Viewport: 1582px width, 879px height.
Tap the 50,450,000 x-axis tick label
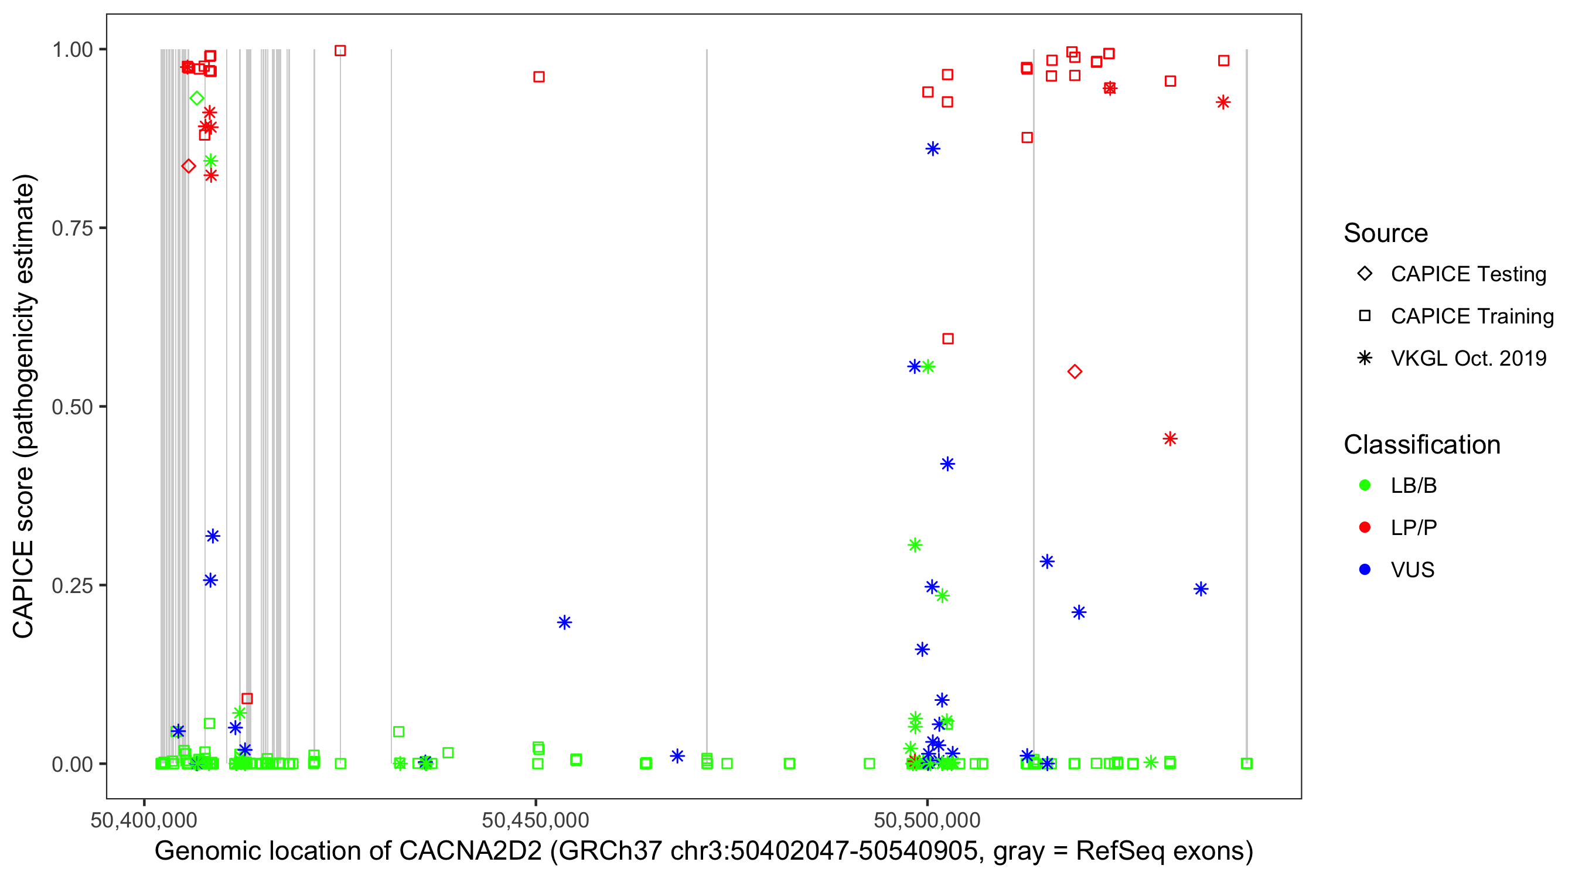[535, 819]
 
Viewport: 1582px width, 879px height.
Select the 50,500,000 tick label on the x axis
[927, 819]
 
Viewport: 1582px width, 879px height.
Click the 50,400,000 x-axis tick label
[144, 819]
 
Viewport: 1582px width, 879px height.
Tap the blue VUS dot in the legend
[1365, 570]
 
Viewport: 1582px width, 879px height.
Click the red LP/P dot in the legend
[1365, 527]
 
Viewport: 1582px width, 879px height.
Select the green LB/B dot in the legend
[1365, 485]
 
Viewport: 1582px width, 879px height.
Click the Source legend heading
[1386, 233]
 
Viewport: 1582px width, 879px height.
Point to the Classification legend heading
[1421, 445]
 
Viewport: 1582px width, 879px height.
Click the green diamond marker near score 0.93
[196, 98]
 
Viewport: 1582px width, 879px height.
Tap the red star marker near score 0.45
[1170, 438]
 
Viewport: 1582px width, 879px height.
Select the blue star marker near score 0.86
[933, 149]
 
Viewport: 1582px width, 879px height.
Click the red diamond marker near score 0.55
[1074, 372]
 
